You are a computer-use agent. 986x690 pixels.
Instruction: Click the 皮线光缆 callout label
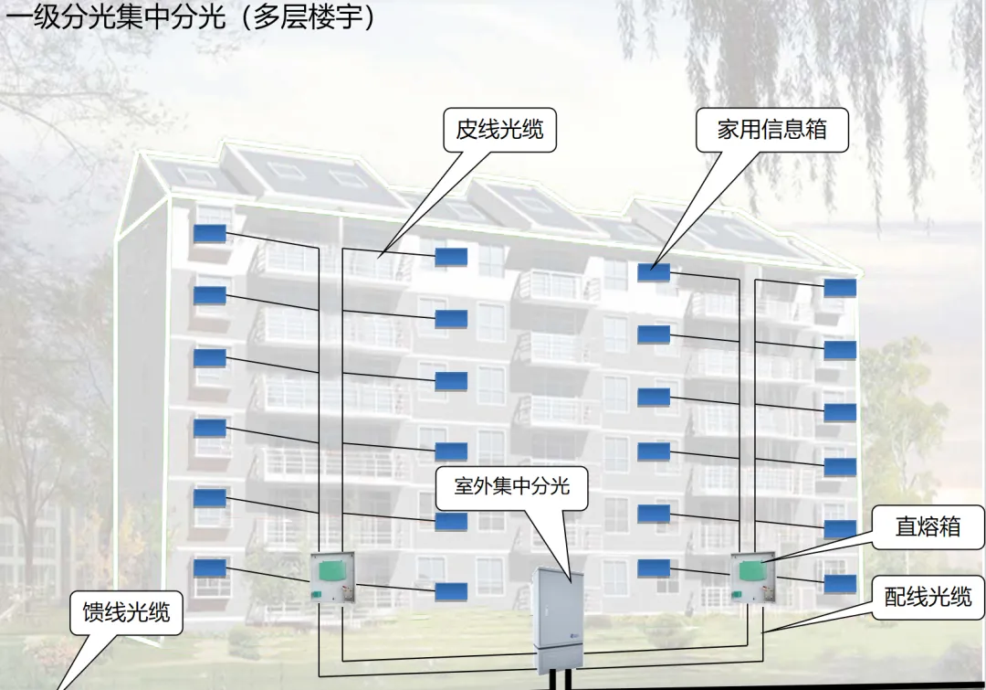(499, 130)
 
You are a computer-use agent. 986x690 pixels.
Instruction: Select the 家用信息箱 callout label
(771, 130)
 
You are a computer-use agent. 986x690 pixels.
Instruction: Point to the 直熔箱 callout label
(928, 526)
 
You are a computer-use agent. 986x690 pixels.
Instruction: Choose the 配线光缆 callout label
(928, 598)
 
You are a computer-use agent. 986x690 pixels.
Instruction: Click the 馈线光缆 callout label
(126, 611)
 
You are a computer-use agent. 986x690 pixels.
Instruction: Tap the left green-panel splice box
(332, 576)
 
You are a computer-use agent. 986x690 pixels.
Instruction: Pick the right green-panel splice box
(752, 576)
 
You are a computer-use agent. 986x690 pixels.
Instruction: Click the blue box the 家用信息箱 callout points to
(654, 271)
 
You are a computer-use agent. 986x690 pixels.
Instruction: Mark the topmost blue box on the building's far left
(210, 232)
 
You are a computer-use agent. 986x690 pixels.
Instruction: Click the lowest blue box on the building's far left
(210, 567)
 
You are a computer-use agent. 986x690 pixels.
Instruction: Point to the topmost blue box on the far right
(840, 287)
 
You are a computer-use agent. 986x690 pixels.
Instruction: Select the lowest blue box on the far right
(840, 583)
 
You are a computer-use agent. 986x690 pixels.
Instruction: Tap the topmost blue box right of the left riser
(451, 257)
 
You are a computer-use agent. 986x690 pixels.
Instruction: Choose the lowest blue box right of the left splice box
(451, 590)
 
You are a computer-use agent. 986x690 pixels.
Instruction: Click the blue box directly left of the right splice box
(654, 568)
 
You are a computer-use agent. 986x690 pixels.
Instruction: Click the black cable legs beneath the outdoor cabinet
(558, 681)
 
